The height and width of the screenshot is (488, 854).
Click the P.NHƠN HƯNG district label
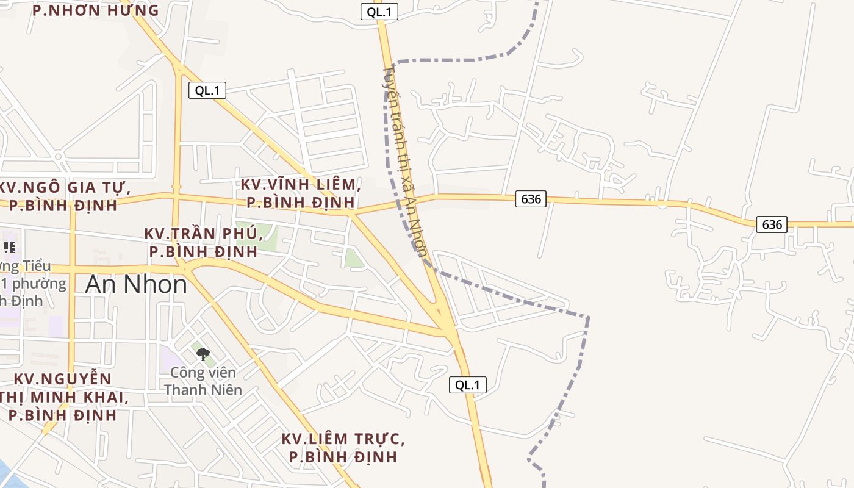click(x=95, y=10)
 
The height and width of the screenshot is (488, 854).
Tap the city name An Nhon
click(x=136, y=284)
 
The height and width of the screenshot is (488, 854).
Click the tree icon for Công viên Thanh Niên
click(x=203, y=353)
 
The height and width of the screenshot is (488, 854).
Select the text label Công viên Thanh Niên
click(x=203, y=381)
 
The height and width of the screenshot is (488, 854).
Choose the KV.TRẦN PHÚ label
click(x=203, y=242)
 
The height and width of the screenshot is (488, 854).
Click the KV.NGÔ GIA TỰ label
click(x=65, y=196)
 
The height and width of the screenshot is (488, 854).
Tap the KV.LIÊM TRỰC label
click(x=343, y=448)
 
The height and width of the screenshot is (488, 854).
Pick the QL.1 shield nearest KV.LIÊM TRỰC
click(x=468, y=385)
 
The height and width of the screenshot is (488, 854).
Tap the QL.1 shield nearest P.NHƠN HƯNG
click(x=207, y=91)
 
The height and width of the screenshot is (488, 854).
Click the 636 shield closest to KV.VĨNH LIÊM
click(x=531, y=199)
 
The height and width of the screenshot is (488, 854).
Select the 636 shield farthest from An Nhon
click(x=772, y=224)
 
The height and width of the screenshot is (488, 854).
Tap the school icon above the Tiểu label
click(x=9, y=247)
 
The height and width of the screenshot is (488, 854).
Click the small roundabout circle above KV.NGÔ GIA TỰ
click(x=59, y=156)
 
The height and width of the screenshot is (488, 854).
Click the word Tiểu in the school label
click(x=37, y=267)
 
